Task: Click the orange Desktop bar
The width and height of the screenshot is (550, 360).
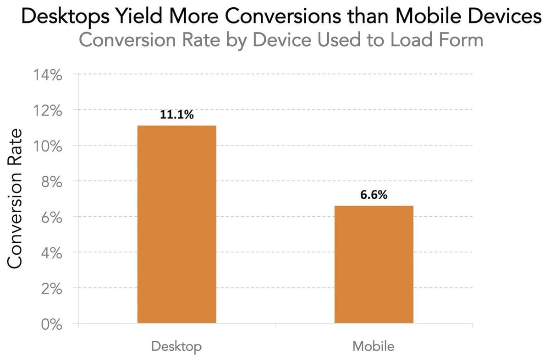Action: coord(176,224)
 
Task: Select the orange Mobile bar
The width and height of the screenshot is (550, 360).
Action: coord(374,265)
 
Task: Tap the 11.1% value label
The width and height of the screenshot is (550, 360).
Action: coord(176,115)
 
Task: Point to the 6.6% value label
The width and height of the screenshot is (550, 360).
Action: coord(374,195)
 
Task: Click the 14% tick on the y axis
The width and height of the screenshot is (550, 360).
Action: coord(47,75)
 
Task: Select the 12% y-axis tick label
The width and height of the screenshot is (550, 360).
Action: coord(47,110)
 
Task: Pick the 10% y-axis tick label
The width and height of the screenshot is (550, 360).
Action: coord(47,146)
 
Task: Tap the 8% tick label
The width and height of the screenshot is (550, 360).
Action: coord(50,182)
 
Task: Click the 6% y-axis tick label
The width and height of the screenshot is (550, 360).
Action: coord(50,217)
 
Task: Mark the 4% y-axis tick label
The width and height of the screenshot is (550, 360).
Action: coord(50,253)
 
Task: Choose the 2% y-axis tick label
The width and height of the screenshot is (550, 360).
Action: coord(50,289)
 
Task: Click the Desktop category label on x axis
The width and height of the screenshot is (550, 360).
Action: coord(176,346)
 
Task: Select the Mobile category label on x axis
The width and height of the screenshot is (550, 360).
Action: coord(373,346)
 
